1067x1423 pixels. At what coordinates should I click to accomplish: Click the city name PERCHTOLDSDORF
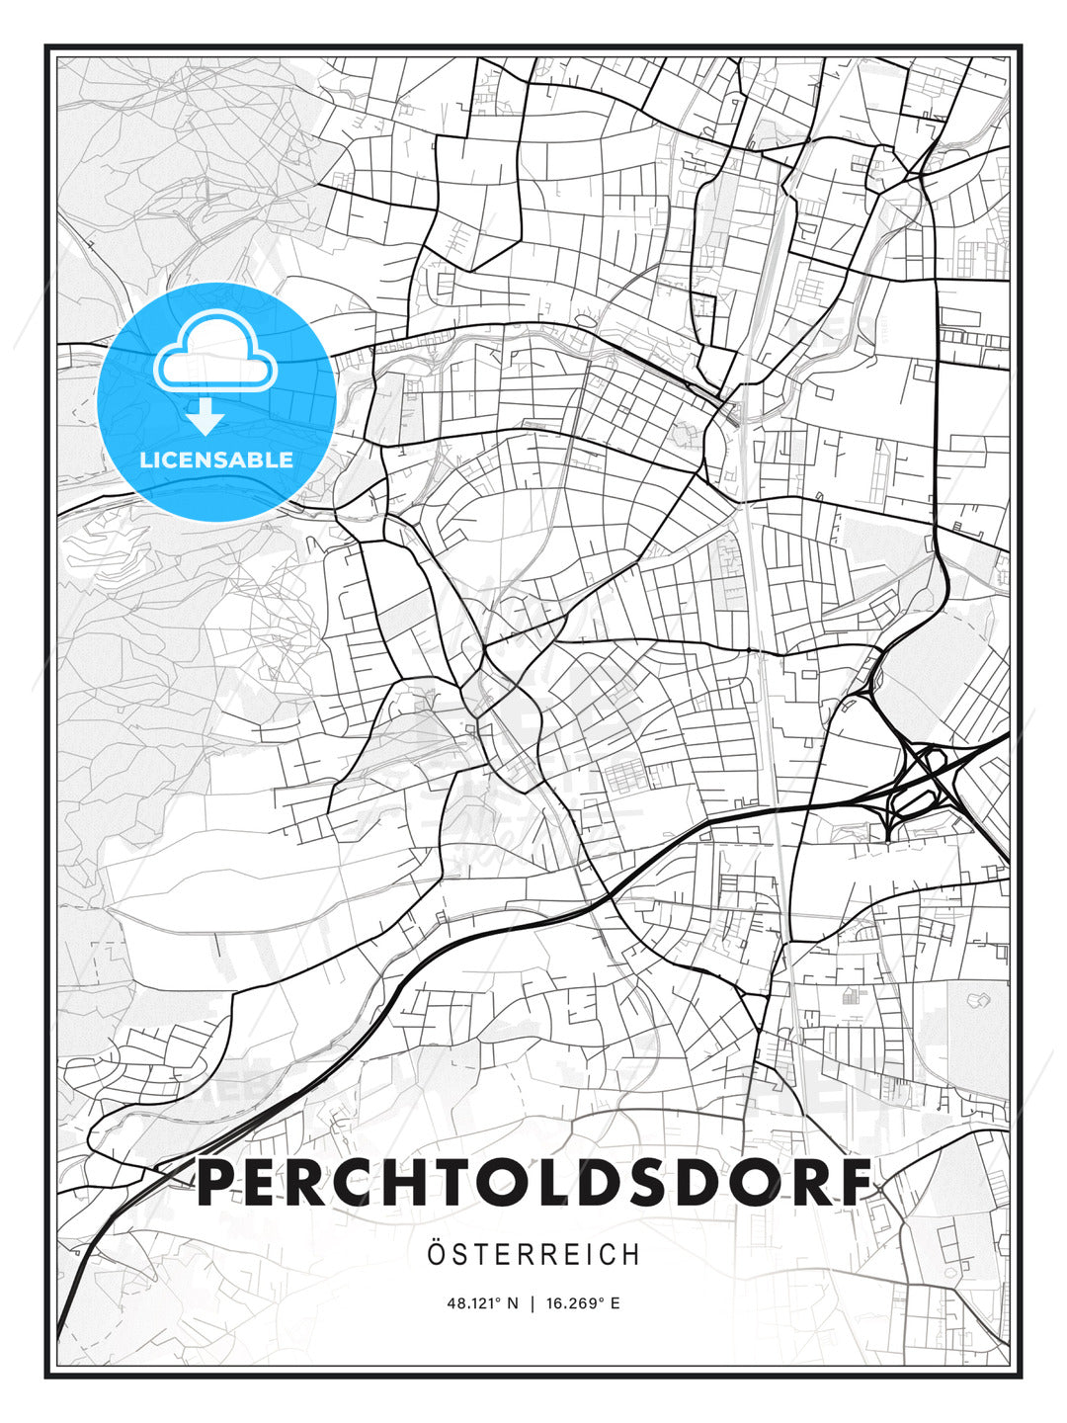pos(534,1183)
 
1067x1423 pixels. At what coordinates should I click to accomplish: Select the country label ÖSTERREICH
pos(534,1254)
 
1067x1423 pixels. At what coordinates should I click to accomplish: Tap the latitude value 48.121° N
pos(482,1303)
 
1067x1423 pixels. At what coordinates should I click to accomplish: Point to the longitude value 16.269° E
pos(583,1303)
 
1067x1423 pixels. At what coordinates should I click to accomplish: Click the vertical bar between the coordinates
pos(533,1303)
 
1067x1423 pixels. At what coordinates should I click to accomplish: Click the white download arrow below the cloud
pos(205,417)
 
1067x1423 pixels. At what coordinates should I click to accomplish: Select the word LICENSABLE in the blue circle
pos(216,460)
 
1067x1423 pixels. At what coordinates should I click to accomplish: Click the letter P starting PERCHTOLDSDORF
pos(219,1183)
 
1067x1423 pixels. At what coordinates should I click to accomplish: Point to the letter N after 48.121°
pos(512,1303)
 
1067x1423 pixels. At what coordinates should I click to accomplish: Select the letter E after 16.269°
pos(616,1303)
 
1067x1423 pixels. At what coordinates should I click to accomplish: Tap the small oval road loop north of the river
pos(585,320)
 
